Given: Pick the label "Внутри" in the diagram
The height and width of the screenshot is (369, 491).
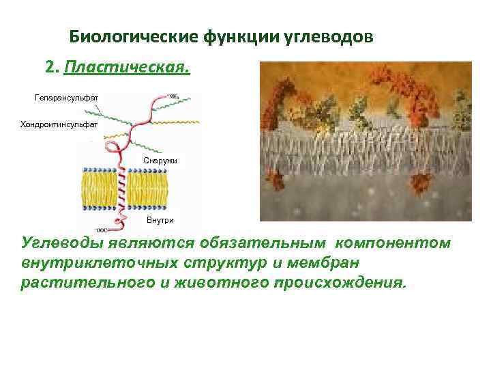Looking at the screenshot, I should click(160, 220).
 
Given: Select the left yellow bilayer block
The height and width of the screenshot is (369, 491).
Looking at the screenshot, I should click(100, 189).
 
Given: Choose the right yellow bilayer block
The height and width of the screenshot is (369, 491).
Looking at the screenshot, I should click(147, 189).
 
